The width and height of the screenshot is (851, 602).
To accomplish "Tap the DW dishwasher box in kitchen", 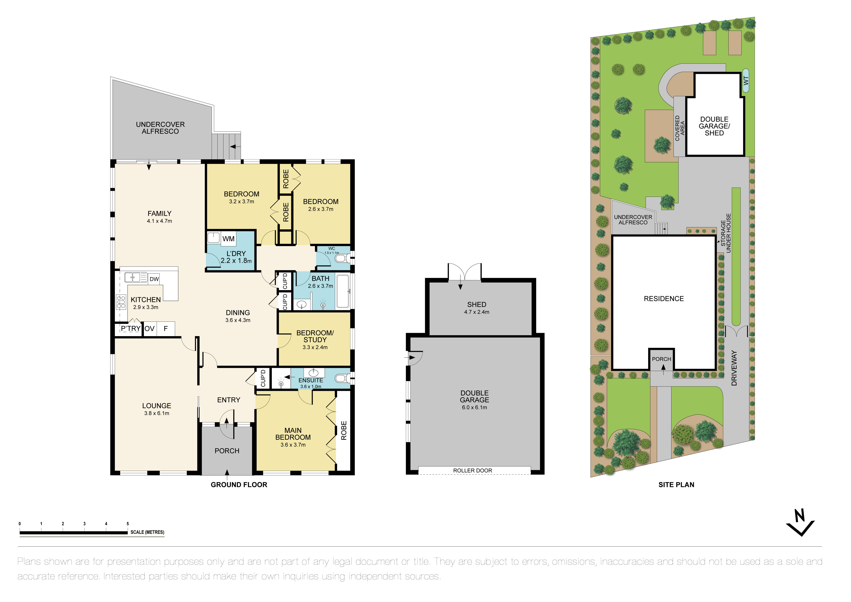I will pyautogui.click(x=154, y=279).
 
